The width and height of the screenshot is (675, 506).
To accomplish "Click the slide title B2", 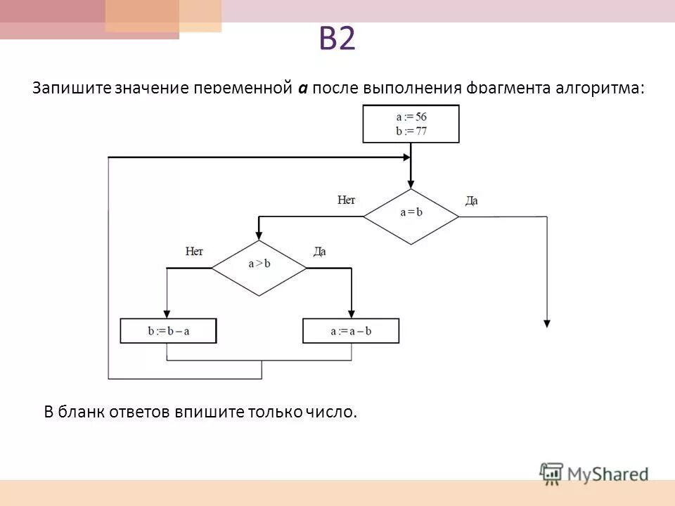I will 337,40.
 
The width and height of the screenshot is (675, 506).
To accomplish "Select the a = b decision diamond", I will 411,216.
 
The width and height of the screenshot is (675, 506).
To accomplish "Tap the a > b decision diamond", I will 259,268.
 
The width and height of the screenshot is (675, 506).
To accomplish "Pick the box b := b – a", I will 168,331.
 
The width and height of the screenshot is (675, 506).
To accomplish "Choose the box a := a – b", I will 350,331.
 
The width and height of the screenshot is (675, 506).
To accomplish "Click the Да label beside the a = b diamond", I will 471,201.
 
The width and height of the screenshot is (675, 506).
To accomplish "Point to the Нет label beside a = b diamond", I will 346,200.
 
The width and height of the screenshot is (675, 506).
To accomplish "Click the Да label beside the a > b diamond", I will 319,252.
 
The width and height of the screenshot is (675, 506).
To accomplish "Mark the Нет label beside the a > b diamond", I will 194,252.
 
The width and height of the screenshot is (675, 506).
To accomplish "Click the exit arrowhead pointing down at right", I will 546,323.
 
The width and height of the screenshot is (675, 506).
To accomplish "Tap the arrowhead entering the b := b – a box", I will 167,314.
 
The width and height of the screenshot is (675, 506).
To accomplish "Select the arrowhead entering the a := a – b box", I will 351,314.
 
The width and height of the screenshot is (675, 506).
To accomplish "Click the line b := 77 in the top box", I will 411,131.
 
